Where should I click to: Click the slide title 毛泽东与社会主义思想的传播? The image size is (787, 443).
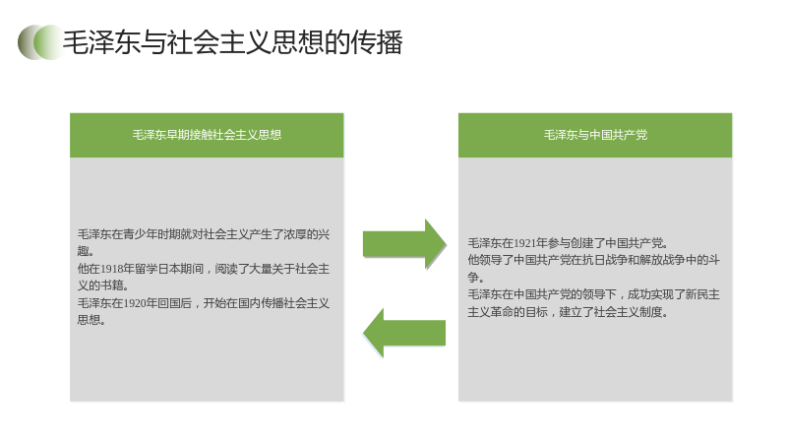(232, 42)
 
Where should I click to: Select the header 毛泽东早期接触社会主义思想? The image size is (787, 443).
(207, 135)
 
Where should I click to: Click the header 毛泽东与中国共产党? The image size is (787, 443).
(595, 135)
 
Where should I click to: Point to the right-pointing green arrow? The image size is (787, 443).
(404, 244)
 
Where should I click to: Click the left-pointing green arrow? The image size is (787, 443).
(404, 333)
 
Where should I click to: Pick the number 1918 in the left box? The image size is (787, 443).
(112, 269)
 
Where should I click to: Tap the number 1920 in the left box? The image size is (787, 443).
(135, 303)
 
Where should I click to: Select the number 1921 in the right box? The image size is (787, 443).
(525, 243)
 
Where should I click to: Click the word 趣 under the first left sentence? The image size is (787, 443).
(84, 251)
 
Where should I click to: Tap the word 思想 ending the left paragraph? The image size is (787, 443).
(89, 320)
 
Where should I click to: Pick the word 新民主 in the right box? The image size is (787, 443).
(702, 294)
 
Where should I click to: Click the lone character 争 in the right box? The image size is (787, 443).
(473, 277)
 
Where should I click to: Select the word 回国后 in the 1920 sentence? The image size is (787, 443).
(175, 303)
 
